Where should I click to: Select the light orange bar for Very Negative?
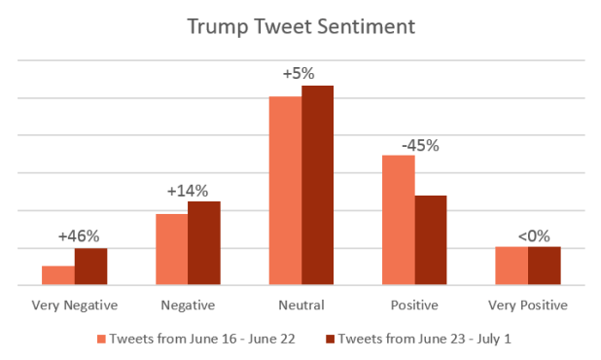(58, 275)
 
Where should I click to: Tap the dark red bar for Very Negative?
(90, 267)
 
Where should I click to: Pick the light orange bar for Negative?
(171, 249)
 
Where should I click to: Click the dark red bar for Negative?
(203, 243)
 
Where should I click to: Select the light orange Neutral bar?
(285, 191)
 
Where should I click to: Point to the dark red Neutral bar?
(317, 185)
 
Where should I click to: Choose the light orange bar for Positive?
(399, 220)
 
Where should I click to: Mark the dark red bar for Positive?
(431, 240)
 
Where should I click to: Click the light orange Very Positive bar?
(512, 266)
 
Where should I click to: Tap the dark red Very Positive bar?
(544, 266)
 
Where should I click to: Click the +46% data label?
(79, 235)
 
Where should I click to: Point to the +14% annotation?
(188, 191)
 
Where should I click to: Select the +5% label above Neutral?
(300, 74)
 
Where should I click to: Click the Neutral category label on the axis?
(300, 306)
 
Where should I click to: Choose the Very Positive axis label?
(528, 306)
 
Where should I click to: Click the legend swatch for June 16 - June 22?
(101, 339)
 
